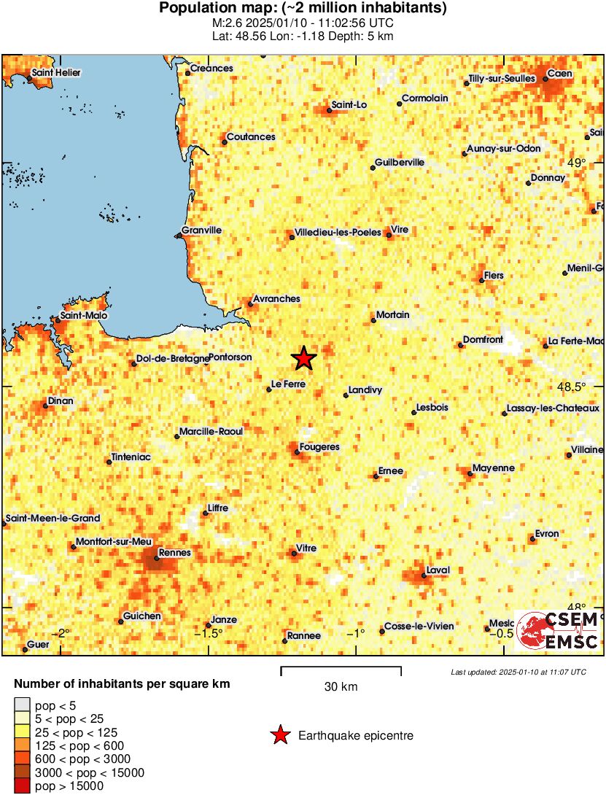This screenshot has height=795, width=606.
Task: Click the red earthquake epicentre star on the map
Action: (x=304, y=358)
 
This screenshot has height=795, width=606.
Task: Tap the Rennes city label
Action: (x=174, y=553)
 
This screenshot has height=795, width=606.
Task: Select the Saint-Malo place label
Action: (x=84, y=316)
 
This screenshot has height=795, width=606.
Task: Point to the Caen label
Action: (x=560, y=74)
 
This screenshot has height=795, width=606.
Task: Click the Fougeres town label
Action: (x=320, y=446)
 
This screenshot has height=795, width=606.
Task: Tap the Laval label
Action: (x=438, y=570)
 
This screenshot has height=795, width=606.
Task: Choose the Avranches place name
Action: (x=276, y=299)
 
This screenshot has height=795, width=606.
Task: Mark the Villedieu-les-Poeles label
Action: (x=338, y=233)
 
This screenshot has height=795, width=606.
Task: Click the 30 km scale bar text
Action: (x=341, y=686)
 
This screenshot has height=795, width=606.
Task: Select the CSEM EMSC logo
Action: (x=557, y=630)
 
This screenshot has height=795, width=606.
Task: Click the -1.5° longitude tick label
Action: (x=207, y=632)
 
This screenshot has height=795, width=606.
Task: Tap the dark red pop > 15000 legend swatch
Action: (x=22, y=786)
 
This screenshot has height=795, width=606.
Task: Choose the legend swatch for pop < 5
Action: (x=22, y=705)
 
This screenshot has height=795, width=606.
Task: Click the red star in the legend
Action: (x=280, y=736)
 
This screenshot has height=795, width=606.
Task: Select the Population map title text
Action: (x=303, y=9)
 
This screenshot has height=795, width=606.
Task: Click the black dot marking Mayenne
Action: (x=470, y=474)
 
